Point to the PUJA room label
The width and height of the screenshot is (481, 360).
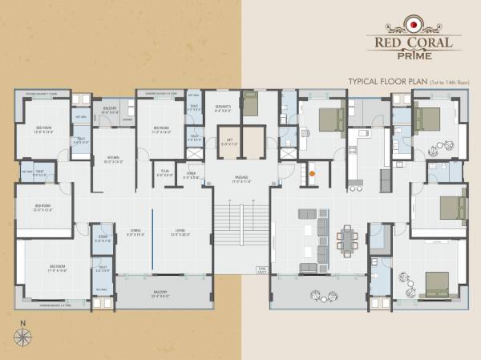coord(164,172)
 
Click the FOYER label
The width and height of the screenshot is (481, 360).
coord(192,172)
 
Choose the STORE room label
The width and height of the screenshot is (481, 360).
coord(103,238)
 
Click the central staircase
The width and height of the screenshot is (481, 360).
coord(240,233)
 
